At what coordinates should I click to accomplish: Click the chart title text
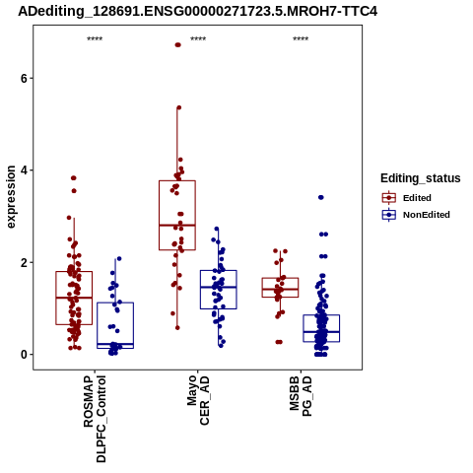pos(197,11)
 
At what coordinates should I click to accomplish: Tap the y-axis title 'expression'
pos(11,197)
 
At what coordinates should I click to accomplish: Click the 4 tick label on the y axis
pos(23,170)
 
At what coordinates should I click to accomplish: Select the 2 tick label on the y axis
pos(23,262)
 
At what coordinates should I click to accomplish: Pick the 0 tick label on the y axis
pos(23,355)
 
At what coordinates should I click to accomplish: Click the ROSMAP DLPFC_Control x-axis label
pos(95,419)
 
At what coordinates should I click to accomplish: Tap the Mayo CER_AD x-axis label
pos(198,401)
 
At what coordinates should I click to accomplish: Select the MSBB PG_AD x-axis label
pos(301,397)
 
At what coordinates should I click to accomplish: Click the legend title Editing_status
pos(421,178)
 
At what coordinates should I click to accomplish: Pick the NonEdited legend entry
pos(416,215)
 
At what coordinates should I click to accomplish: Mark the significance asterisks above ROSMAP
pos(95,39)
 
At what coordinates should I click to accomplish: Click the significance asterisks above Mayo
pos(198,39)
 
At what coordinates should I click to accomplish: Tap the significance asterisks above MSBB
pos(301,39)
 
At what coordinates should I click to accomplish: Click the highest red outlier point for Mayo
pos(177,45)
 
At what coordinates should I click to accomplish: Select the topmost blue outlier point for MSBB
pos(321,197)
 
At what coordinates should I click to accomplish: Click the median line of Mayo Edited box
pos(177,225)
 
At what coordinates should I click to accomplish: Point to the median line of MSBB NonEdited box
pos(321,332)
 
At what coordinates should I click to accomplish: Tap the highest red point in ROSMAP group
pos(74,178)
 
